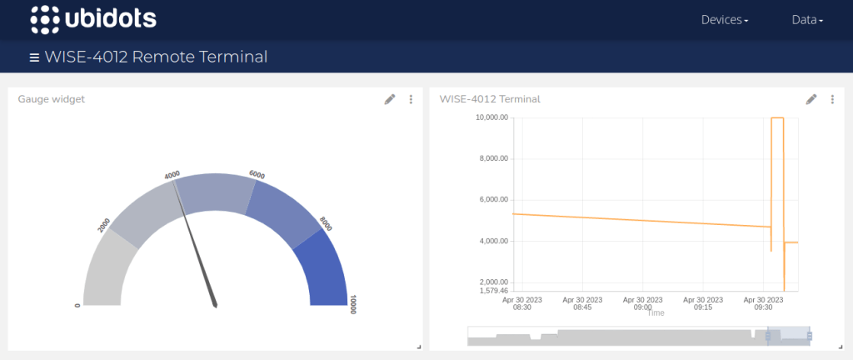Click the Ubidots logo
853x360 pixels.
click(x=92, y=19)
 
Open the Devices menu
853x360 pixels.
click(x=724, y=20)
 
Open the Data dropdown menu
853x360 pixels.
click(x=806, y=20)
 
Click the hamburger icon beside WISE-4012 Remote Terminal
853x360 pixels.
click(x=34, y=57)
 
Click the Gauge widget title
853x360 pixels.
click(x=52, y=99)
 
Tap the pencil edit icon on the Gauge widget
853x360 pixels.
click(x=390, y=99)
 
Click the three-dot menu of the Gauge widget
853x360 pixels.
click(x=411, y=99)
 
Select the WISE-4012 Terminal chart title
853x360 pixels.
click(x=490, y=99)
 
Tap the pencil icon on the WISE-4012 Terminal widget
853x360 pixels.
click(x=811, y=99)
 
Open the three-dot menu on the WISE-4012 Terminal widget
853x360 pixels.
click(x=832, y=99)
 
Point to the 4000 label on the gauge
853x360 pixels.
click(x=172, y=176)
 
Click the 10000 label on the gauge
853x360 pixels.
click(x=352, y=304)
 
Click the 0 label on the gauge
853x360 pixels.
click(x=77, y=305)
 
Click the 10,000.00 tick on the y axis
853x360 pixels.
click(x=491, y=117)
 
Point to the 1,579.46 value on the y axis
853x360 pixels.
click(x=492, y=291)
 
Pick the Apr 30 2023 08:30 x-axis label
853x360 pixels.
click(x=522, y=303)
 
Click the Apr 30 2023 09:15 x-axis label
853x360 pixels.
click(x=703, y=303)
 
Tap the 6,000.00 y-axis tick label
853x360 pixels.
click(x=492, y=199)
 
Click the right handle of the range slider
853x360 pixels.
click(x=809, y=335)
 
